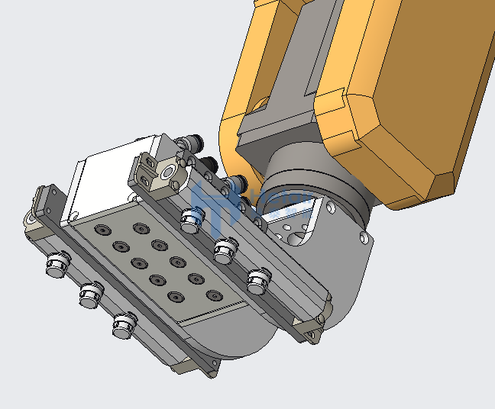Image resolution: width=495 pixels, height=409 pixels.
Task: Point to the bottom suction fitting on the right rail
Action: click(x=258, y=279)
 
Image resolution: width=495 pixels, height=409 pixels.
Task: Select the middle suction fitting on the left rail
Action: click(x=90, y=294)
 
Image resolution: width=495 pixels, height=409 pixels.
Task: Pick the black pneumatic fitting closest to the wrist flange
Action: click(x=238, y=183)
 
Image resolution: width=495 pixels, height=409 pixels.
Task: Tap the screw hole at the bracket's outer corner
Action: click(x=364, y=238)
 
